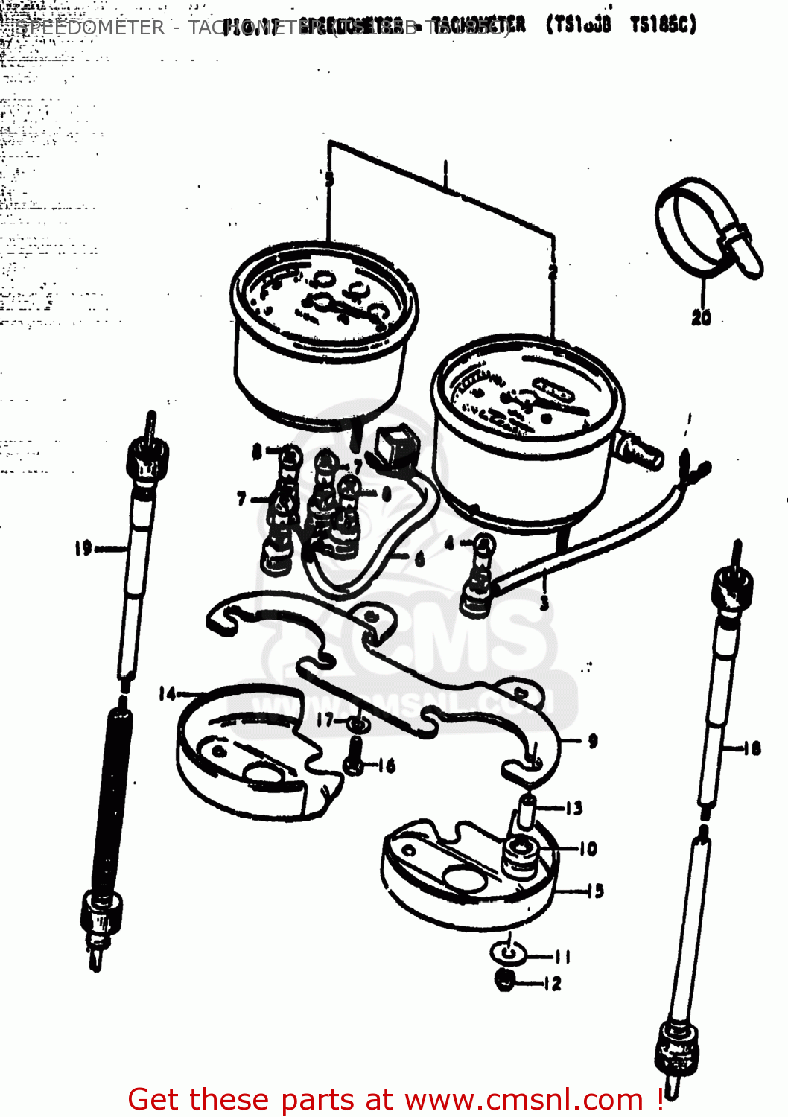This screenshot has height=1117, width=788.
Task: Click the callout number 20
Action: (701, 318)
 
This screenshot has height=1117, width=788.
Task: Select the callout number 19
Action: (83, 549)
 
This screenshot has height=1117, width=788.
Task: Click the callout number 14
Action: (168, 694)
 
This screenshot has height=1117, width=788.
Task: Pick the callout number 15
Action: (594, 891)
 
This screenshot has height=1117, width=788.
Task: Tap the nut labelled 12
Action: (505, 981)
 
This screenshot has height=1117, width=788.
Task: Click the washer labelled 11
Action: (507, 954)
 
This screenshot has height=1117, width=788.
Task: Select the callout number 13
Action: (573, 808)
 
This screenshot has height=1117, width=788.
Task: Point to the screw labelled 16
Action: (355, 757)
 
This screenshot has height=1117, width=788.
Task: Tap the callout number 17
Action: (325, 720)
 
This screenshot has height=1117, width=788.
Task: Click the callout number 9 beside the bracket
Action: (592, 741)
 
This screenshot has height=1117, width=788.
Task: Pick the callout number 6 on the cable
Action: (419, 558)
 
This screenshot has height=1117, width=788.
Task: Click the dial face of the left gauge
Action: (324, 294)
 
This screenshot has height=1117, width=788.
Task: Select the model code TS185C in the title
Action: (662, 25)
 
